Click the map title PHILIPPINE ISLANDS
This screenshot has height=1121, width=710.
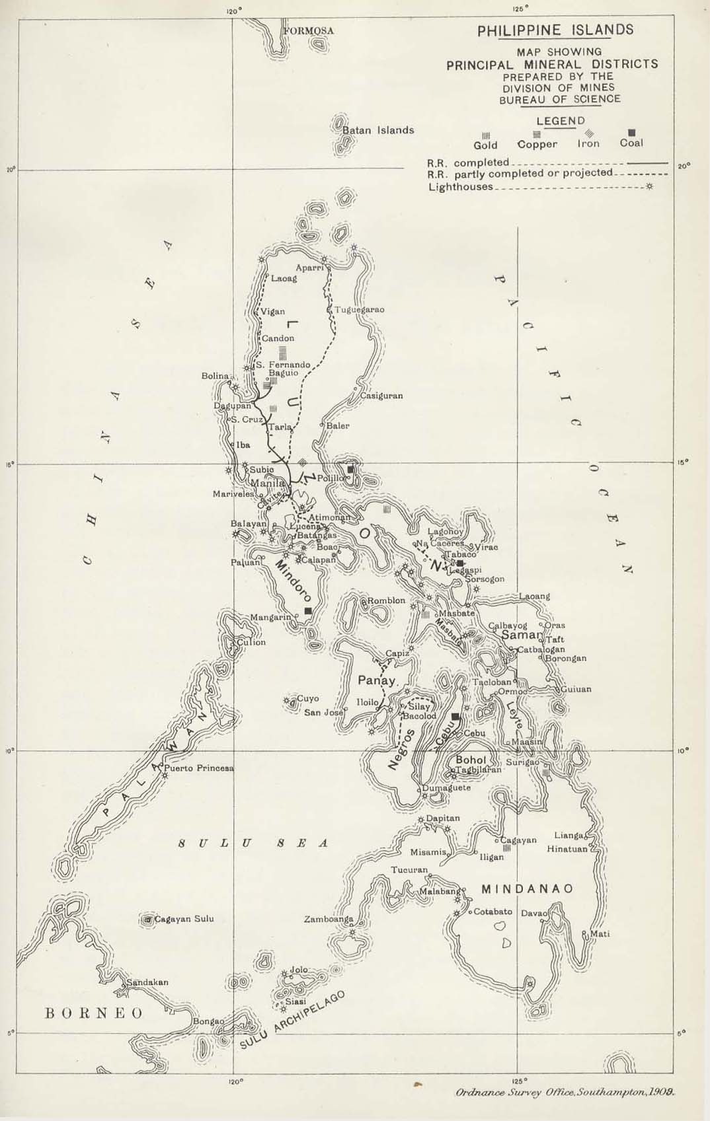coord(555,30)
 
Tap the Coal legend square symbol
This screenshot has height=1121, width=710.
coord(631,132)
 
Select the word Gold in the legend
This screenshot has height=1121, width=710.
coord(485,145)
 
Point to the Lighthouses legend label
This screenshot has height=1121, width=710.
coord(460,187)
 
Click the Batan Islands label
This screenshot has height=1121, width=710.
coord(378,130)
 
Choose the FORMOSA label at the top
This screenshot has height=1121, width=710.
coord(309,31)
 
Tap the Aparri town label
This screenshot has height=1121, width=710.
coord(309,268)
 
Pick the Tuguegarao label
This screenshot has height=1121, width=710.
coord(359,310)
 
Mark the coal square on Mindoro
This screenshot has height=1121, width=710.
coord(307,611)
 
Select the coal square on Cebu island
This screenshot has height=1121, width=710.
coord(455,717)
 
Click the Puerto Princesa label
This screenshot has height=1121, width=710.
coord(199,768)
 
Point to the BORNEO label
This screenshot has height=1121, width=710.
coord(93,1013)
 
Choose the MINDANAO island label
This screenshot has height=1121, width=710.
coord(527,888)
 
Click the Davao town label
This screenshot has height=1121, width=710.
coord(533,914)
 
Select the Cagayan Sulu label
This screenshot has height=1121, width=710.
coord(184,919)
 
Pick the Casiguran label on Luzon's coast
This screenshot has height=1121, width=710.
coord(381,396)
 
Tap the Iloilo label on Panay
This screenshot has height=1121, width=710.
coord(368,702)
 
